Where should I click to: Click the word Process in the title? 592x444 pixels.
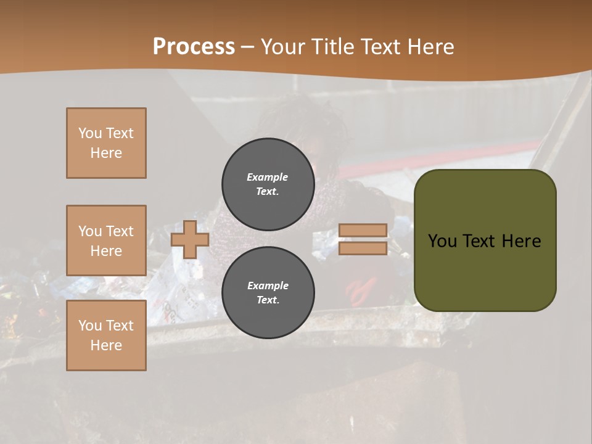coord(194,47)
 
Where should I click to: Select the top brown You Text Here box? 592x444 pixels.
coord(106,143)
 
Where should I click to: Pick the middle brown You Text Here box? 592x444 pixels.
coord(106,240)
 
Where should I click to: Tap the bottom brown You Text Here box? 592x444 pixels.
coord(106,335)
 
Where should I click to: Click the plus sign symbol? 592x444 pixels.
coord(190,240)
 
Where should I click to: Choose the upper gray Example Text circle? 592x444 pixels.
coord(268,184)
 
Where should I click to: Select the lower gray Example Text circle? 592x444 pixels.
coord(268,293)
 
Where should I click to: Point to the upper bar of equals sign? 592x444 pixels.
coord(363,230)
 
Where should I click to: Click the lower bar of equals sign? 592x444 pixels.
coord(363,249)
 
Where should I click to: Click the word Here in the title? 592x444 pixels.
coord(432,47)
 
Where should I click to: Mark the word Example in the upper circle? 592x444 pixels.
coord(268,177)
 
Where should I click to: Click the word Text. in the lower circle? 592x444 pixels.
coord(268,300)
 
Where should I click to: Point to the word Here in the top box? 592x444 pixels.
coord(106,153)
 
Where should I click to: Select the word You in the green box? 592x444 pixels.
coord(443,241)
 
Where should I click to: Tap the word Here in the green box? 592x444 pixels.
coord(522,241)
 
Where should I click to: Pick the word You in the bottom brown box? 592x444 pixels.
coord(90,326)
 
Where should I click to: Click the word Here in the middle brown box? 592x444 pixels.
coord(106,251)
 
